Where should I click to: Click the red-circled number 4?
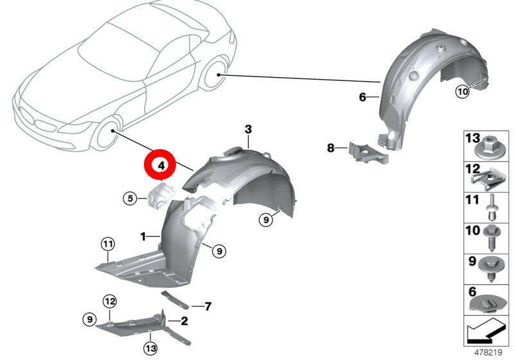[161, 165]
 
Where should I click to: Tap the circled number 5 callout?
[130, 199]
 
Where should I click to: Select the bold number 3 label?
[248, 129]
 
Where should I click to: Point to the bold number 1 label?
[143, 236]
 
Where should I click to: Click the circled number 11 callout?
[108, 244]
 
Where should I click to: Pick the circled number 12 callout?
[110, 301]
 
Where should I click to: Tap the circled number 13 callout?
[150, 348]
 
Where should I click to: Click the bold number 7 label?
[208, 307]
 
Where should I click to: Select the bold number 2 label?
[184, 321]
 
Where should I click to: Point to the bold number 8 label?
[331, 148]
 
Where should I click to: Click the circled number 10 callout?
[462, 91]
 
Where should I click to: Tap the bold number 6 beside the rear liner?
[362, 97]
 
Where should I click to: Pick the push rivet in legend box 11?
[492, 208]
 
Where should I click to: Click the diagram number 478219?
[488, 352]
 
